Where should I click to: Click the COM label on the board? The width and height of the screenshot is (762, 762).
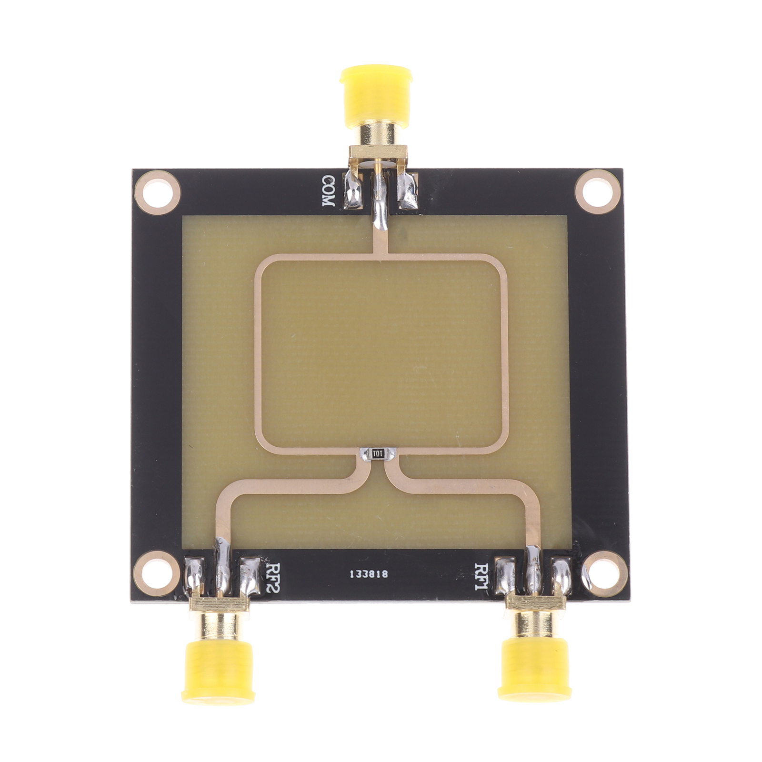[x=329, y=191]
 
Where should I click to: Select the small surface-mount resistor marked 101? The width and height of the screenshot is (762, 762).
[x=378, y=453]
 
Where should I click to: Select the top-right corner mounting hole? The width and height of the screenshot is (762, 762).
[x=598, y=193]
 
